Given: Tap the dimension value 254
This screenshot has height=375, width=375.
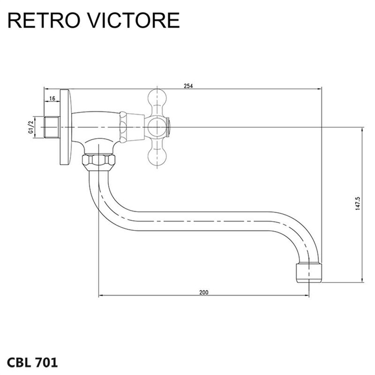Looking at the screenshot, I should pyautogui.click(x=188, y=86).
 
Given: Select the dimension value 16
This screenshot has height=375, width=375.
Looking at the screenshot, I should pyautogui.click(x=52, y=98).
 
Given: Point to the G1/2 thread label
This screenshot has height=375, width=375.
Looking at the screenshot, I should pyautogui.click(x=31, y=127).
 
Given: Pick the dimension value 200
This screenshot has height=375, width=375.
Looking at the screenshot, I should pyautogui.click(x=203, y=292).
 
